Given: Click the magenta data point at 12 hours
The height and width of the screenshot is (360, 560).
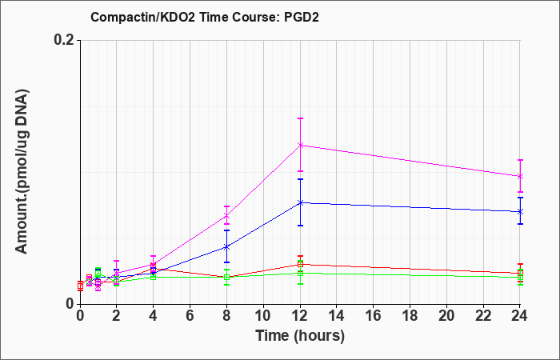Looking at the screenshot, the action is tap(300, 145).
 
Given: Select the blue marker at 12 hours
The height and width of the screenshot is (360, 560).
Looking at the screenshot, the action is tap(300, 203).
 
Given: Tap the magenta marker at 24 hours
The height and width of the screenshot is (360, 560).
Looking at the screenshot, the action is tap(520, 177).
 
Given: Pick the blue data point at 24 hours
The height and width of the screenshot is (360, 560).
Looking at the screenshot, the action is tap(520, 212).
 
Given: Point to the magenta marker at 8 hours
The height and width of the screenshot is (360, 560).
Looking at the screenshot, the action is tap(226, 216).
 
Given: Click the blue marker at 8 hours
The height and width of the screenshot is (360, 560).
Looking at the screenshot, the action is tap(226, 246).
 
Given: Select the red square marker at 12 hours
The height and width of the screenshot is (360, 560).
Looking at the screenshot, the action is tap(300, 264).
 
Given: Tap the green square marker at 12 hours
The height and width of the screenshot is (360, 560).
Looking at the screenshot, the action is tap(300, 274).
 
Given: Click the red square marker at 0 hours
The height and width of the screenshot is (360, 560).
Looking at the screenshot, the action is tap(80, 286).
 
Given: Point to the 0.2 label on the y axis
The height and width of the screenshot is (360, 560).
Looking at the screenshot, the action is tap(64, 40).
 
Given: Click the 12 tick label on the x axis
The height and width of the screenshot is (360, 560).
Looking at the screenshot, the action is tap(300, 316).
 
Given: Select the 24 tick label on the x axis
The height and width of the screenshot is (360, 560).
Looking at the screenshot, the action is tap(520, 316).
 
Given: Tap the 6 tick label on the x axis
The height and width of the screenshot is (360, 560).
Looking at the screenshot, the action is tap(190, 316).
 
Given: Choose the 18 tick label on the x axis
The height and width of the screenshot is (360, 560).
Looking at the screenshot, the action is tap(410, 316).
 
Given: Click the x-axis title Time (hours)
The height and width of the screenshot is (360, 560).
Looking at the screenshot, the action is tap(300, 336).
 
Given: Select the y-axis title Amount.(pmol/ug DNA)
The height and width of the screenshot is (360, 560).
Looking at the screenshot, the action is tap(22, 171).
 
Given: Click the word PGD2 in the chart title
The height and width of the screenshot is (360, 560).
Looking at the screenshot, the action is tap(302, 17).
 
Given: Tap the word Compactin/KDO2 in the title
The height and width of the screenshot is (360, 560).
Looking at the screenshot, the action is tap(143, 17).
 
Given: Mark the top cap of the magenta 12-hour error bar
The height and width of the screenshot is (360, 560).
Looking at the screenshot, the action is tap(300, 118).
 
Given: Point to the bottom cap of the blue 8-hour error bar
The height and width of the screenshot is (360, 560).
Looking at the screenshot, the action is tap(226, 262).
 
